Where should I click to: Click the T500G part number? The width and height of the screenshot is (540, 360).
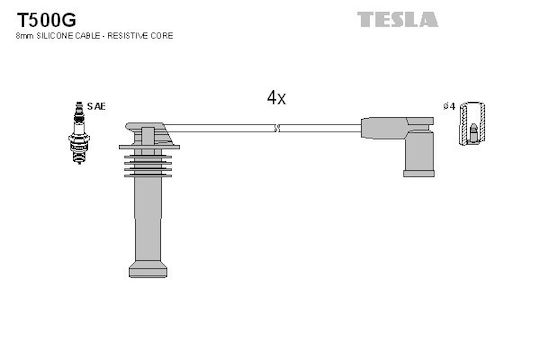tap(46, 20)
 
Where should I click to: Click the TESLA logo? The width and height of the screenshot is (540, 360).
tap(397, 19)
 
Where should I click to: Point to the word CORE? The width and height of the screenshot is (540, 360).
tap(161, 35)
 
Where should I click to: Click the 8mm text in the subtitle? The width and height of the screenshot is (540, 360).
tap(24, 36)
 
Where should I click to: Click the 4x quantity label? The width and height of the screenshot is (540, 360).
tap(276, 98)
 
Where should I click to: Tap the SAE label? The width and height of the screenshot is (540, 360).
tap(96, 106)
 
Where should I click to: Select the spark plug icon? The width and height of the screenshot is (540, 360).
tap(79, 133)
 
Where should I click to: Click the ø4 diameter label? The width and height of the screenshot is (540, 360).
tap(449, 106)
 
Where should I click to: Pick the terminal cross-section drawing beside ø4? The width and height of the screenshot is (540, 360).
tap(472, 123)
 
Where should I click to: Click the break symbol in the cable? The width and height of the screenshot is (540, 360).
tap(277, 128)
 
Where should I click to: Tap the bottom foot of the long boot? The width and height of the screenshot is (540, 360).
tap(148, 269)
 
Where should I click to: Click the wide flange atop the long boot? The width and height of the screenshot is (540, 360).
tap(149, 147)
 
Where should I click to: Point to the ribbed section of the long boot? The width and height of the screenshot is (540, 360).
tap(148, 166)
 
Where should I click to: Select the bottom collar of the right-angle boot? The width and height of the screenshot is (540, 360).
tap(419, 173)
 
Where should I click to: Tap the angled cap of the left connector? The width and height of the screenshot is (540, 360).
tap(149, 133)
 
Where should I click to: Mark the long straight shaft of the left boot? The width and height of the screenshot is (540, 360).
tap(148, 219)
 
